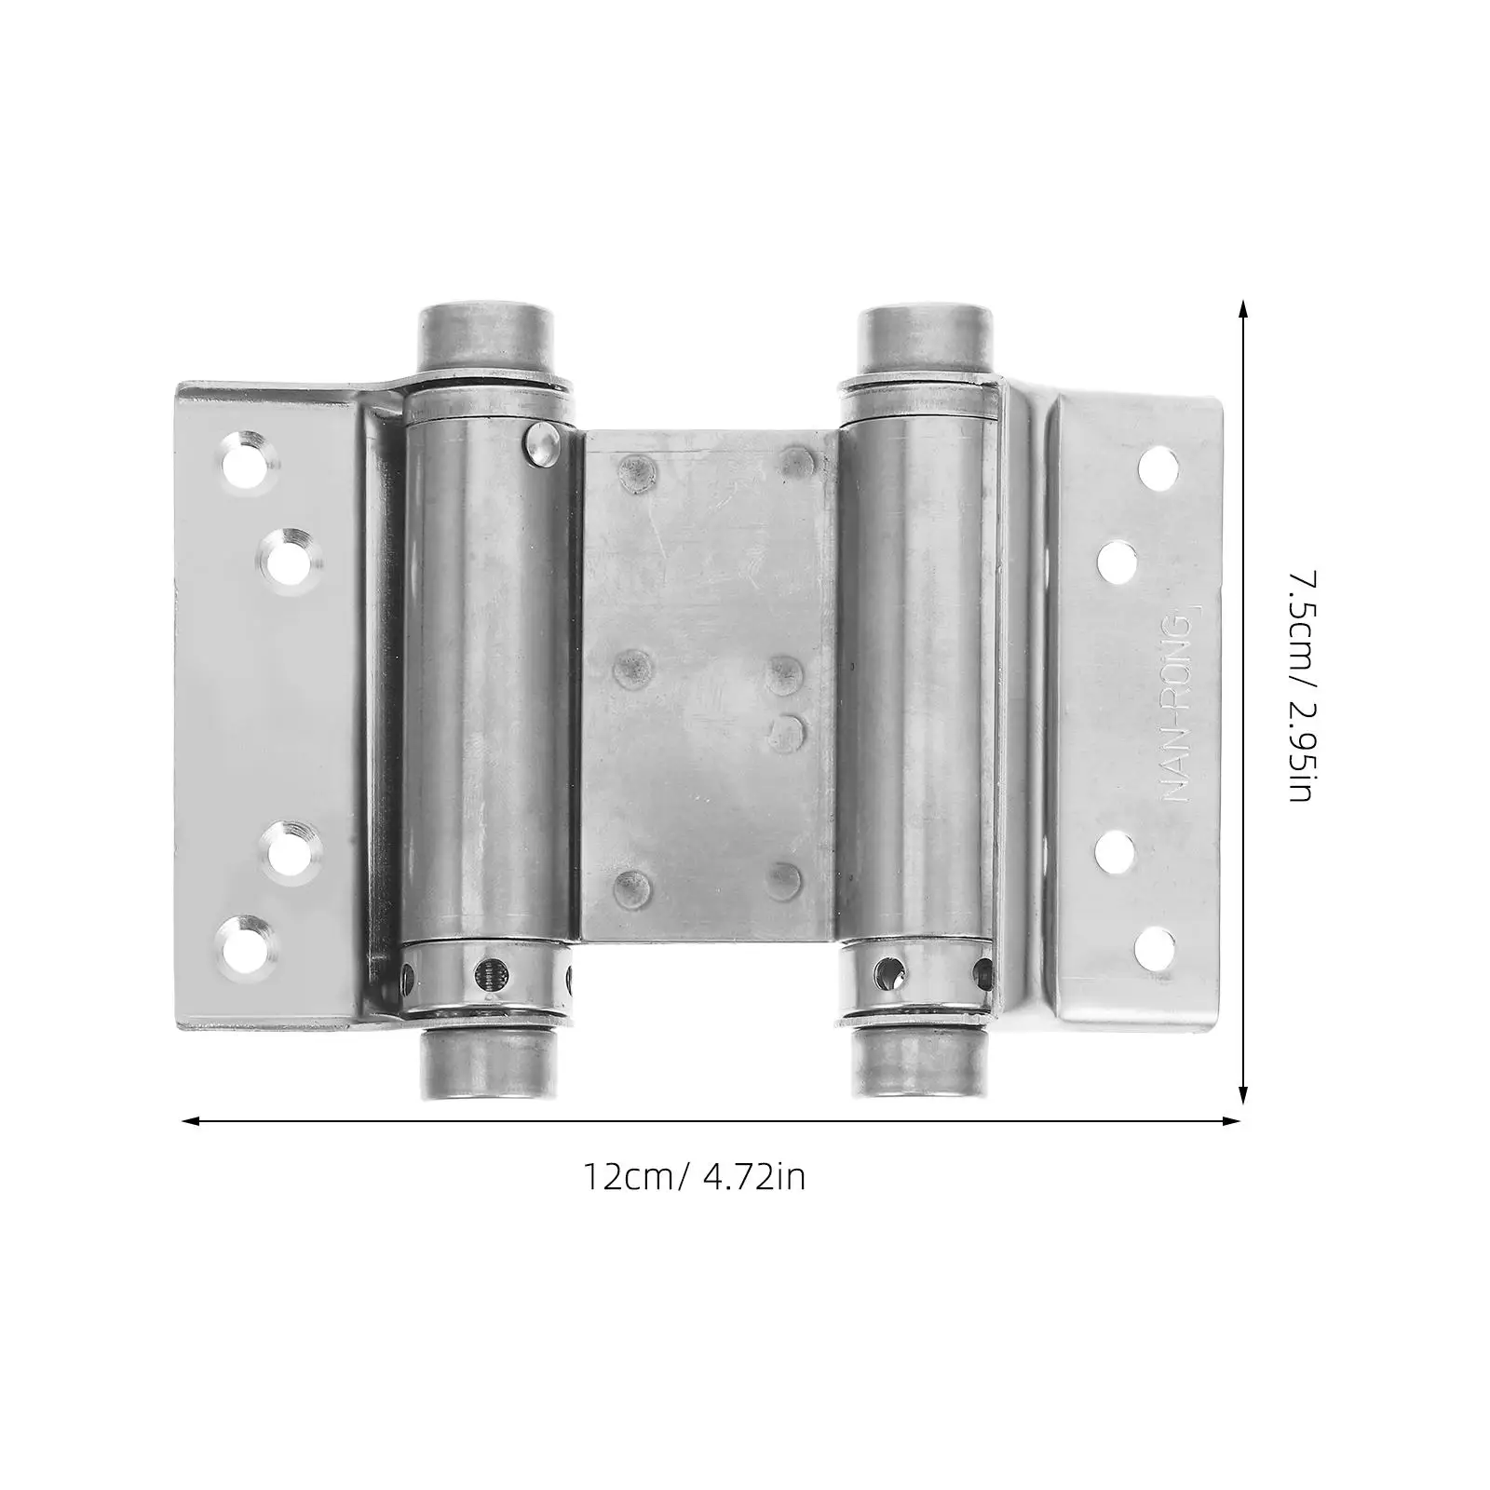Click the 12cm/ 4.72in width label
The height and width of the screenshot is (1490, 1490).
[x=694, y=1177]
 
